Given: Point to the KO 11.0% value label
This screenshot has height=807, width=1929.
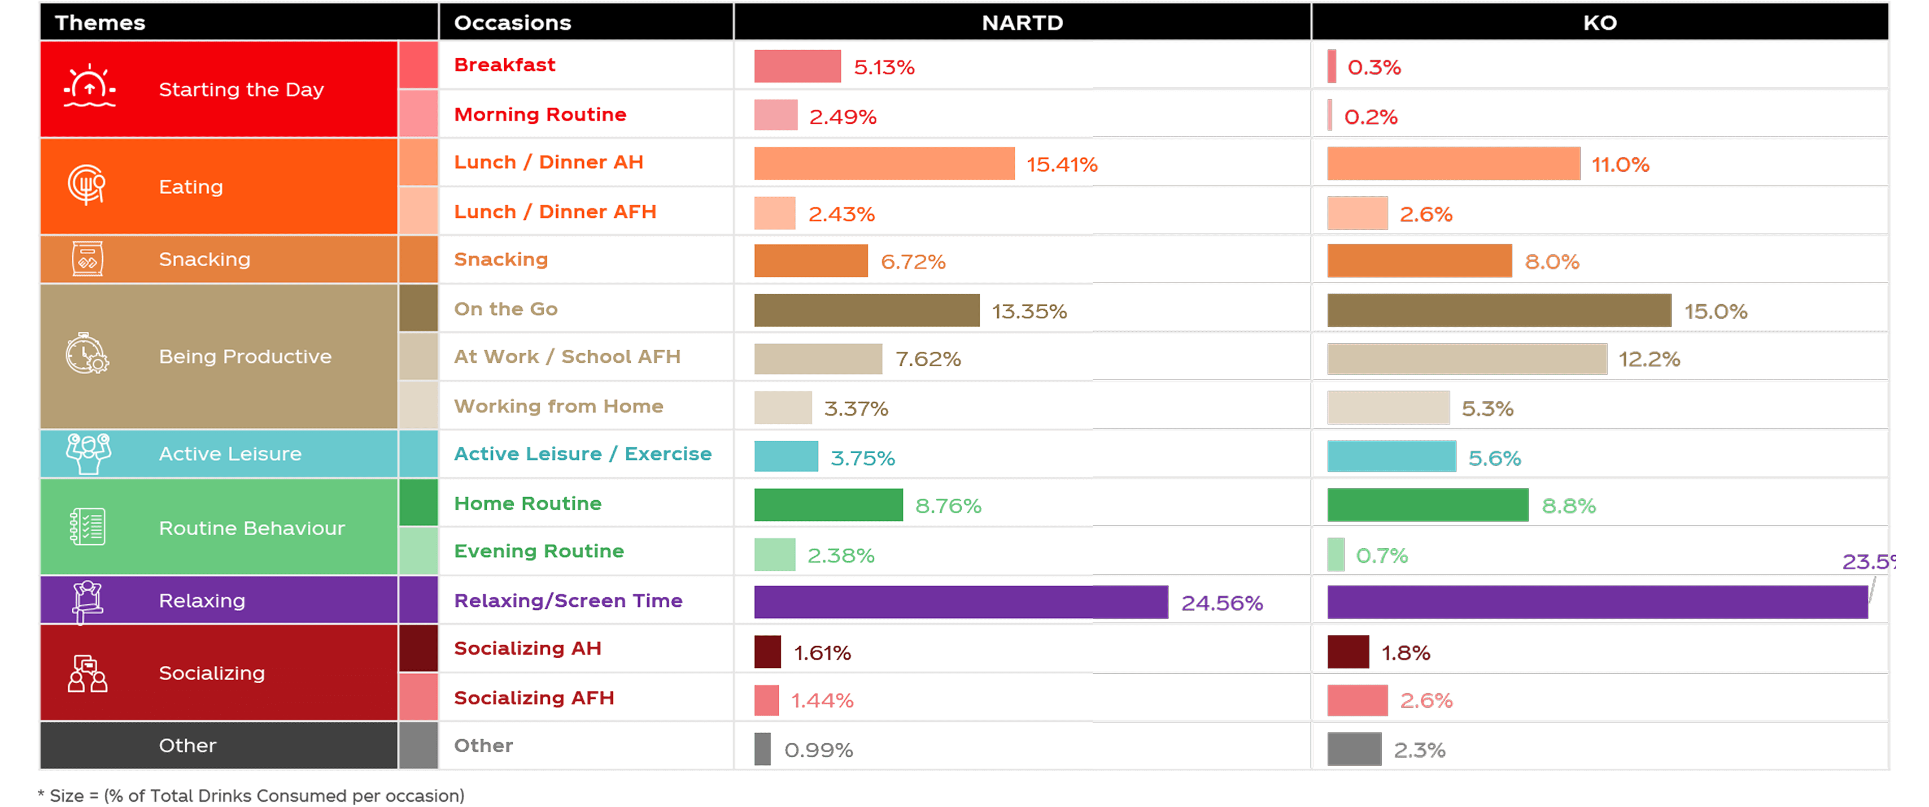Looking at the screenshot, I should [x=1620, y=164].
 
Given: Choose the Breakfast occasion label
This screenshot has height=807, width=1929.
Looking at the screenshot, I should [x=505, y=65].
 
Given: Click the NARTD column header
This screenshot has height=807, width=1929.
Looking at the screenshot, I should [x=1022, y=22].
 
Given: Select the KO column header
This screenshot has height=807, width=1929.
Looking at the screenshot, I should [x=1600, y=22].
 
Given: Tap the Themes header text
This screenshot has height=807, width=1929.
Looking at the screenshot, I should [x=100, y=22].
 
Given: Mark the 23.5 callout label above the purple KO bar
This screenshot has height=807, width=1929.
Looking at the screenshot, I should [x=1868, y=561].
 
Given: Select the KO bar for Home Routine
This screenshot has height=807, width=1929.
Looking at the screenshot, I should [x=1427, y=504].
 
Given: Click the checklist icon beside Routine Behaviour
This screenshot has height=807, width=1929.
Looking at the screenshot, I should [x=87, y=526].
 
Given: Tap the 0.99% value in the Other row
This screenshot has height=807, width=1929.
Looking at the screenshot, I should [x=818, y=749].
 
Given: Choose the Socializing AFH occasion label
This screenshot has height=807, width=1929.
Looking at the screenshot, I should [x=533, y=698].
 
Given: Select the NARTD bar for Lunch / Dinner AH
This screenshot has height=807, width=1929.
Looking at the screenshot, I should [x=884, y=163].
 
